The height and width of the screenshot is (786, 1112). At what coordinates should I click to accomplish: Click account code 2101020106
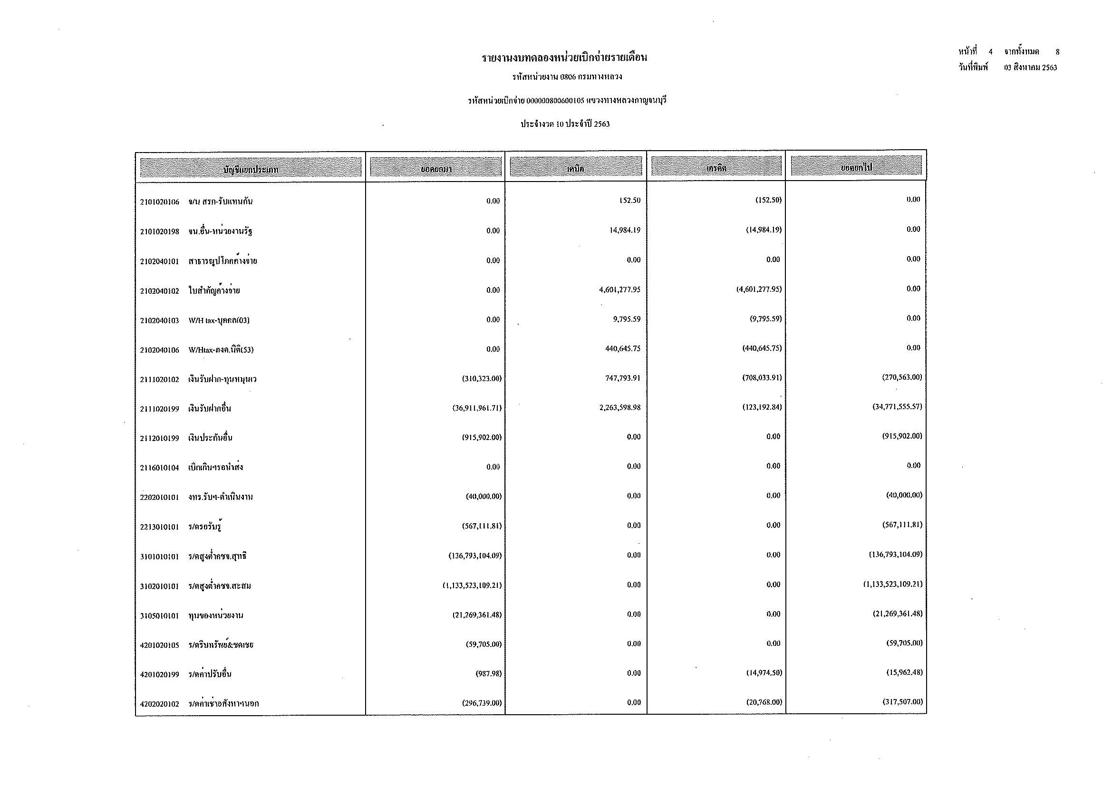(159, 202)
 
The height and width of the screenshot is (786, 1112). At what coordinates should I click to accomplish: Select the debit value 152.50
(629, 201)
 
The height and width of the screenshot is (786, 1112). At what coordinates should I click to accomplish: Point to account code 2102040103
(159, 320)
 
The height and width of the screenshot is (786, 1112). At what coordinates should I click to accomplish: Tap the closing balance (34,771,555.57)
(897, 407)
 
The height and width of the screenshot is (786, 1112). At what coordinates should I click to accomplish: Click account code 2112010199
(159, 439)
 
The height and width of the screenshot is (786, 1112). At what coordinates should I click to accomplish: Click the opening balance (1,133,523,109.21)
(472, 585)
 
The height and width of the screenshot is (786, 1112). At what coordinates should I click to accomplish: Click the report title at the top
(564, 58)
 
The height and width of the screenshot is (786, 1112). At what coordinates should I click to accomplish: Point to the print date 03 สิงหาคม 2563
(1030, 68)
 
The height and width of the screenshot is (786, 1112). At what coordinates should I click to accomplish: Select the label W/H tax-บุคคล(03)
(219, 320)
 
